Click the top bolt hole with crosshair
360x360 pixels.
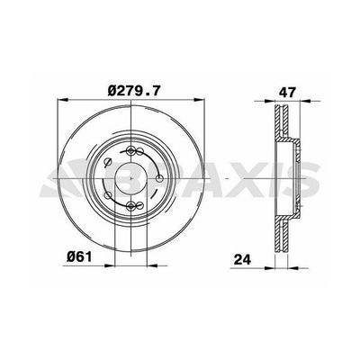pos(132,151)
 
